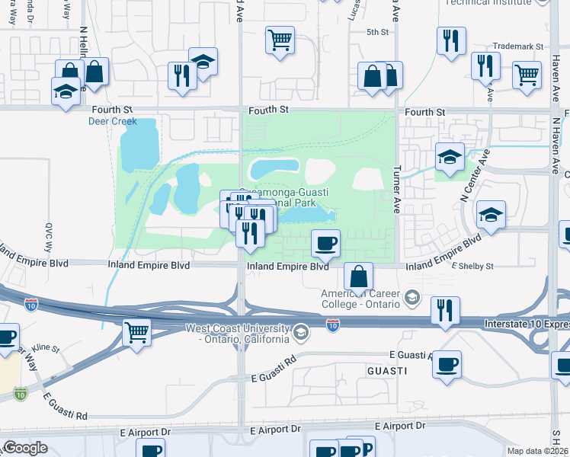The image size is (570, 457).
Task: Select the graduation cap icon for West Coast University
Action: point(301,332)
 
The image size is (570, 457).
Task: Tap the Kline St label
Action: point(45,347)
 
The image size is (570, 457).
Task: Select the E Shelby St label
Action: point(473,266)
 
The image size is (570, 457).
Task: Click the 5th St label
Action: point(377,32)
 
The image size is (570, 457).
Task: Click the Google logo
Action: point(25,448)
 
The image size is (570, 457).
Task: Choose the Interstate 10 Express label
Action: point(526,324)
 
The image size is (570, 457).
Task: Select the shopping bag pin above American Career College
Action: point(358,277)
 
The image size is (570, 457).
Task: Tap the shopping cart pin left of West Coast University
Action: point(136,331)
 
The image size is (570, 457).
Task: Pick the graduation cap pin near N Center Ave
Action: point(491,215)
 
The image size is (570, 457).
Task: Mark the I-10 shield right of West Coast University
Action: point(333,325)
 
